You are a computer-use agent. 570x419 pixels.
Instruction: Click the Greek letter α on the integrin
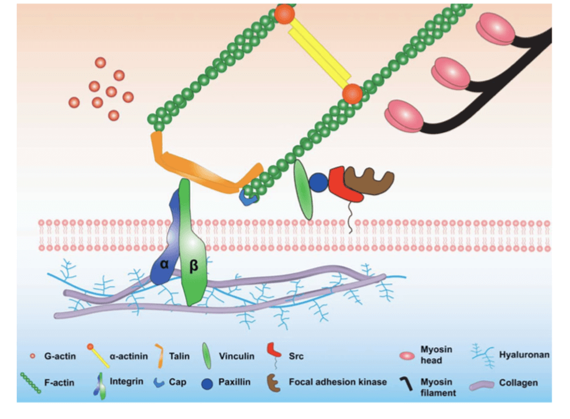click(x=164, y=264)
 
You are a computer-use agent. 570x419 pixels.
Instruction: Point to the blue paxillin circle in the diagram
click(x=319, y=182)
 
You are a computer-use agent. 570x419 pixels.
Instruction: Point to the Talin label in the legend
click(x=179, y=355)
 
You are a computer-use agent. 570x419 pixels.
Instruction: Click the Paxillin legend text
click(x=234, y=382)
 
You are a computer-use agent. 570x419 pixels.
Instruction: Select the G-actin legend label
click(x=57, y=355)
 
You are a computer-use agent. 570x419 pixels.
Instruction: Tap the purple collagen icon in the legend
click(x=482, y=383)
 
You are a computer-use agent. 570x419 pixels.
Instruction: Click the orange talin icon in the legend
click(x=159, y=354)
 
